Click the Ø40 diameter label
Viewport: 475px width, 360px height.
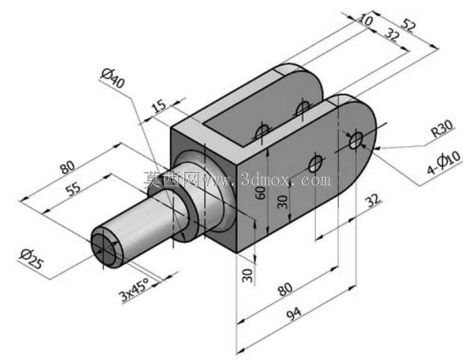(x=113, y=78)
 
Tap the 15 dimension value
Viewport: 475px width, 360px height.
(x=159, y=105)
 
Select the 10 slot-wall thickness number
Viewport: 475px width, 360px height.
(x=366, y=19)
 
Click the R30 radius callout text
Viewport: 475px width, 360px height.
(x=442, y=128)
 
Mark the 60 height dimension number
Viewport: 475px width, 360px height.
(x=261, y=193)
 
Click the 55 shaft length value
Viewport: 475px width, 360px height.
(x=73, y=189)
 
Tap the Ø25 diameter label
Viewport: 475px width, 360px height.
(x=31, y=259)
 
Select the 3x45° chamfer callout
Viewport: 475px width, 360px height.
(x=134, y=290)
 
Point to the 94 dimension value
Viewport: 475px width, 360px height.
(x=294, y=314)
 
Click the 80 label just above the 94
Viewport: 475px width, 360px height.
(x=286, y=290)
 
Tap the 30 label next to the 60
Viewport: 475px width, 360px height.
(x=282, y=202)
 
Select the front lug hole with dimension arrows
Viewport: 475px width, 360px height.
(x=356, y=140)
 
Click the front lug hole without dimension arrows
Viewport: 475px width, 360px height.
(x=316, y=164)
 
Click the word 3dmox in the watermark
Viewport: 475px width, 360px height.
(x=265, y=181)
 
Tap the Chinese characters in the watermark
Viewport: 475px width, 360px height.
(x=171, y=179)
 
